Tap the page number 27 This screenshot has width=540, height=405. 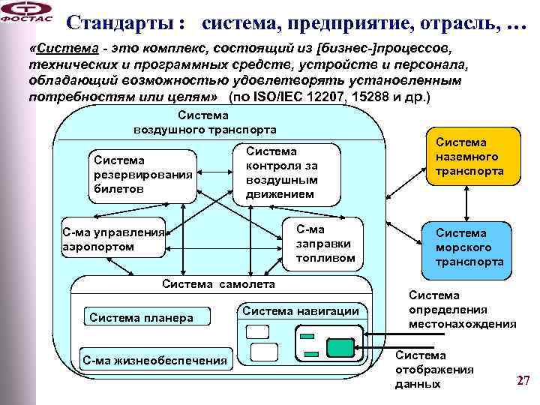523,381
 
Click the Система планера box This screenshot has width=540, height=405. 142,317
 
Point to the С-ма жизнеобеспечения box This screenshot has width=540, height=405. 154,360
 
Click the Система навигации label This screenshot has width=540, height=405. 301,310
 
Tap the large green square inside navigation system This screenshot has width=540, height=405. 340,347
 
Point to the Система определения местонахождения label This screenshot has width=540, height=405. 462,310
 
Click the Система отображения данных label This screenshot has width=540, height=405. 434,370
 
